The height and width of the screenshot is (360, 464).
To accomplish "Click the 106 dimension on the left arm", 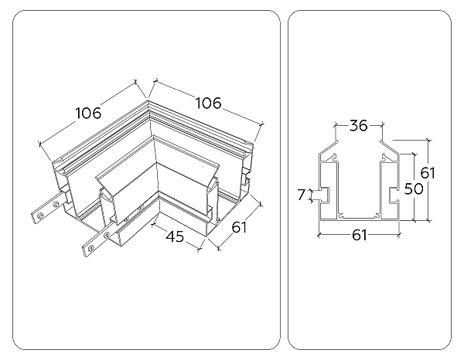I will pos(88,113).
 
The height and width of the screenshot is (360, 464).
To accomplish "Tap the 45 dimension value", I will pos(175,237).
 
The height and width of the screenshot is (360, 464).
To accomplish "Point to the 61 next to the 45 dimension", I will pos(238,228).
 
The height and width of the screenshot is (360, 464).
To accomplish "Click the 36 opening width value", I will pos(357,126).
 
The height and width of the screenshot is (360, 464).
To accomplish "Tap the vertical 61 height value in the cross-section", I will pos(428,172).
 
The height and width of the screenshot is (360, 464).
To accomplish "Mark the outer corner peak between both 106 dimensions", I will pos(147,98).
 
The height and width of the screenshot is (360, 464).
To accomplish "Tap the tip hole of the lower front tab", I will pos(88,248).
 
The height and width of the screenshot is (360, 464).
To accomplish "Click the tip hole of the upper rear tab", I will pos(38,214).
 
